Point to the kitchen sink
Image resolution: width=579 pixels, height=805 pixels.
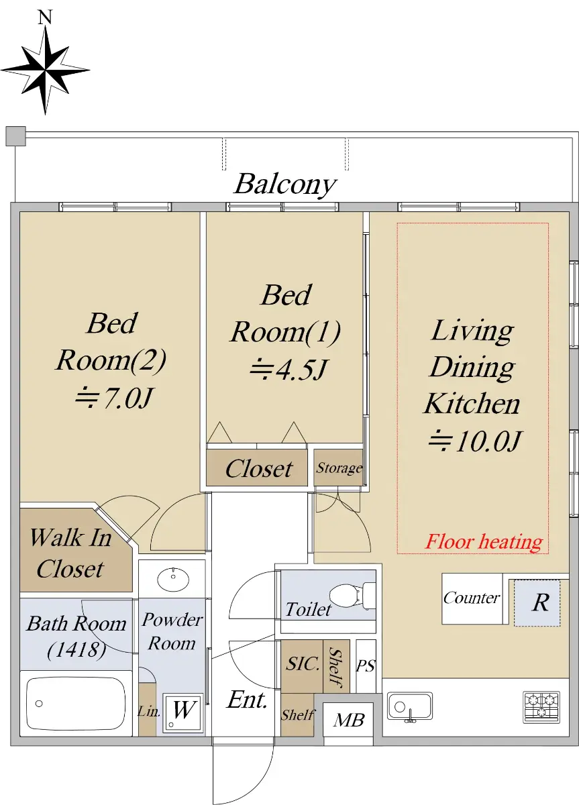point(410,706)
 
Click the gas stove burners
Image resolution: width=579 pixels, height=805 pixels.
point(541,707)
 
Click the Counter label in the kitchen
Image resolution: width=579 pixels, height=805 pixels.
point(472,598)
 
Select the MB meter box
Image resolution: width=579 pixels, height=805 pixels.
point(348,720)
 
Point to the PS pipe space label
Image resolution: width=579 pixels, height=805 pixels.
point(366,666)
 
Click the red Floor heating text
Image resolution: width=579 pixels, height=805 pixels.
point(484,542)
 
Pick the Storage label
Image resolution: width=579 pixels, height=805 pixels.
point(339,468)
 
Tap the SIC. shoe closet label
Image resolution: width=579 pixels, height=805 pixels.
point(303,663)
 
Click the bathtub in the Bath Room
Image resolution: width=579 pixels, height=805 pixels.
point(76,703)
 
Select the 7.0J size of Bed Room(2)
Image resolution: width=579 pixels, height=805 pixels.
point(114,398)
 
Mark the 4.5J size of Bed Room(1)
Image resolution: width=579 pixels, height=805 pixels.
point(288,370)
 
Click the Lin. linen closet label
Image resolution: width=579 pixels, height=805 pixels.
point(148,711)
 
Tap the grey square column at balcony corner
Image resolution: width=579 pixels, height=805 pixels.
point(16,136)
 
